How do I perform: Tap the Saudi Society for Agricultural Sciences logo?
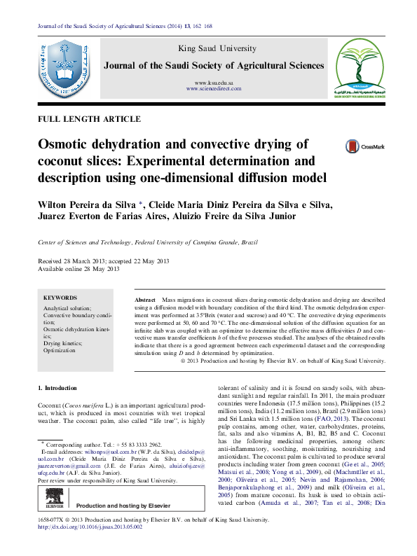point(357,68)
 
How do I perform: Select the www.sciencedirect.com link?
point(213,90)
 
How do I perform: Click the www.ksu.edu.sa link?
point(214,83)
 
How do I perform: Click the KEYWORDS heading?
point(60,298)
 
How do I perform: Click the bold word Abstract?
point(144,299)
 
